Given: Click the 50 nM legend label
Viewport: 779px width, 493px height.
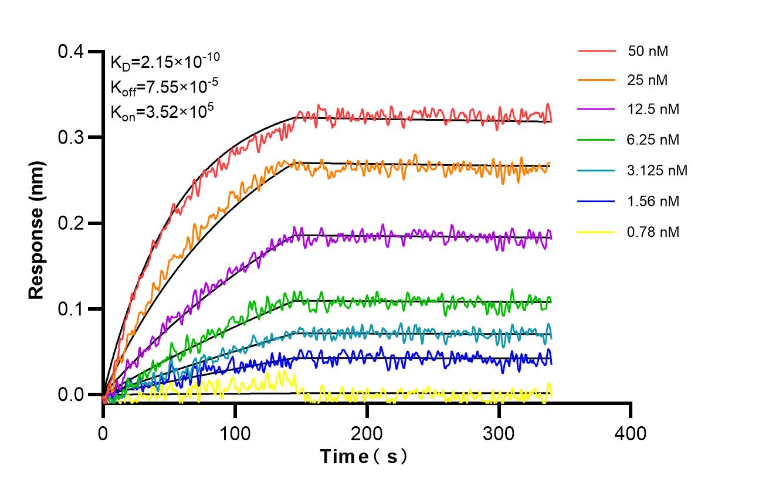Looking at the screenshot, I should click(648, 51).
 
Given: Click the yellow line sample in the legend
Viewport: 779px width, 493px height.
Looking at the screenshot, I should click(597, 232).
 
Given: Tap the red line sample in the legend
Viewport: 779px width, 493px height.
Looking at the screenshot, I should click(597, 51).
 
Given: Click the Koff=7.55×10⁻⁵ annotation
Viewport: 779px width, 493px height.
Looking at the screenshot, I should click(164, 87).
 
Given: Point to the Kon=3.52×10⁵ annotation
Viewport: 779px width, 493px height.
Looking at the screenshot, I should click(160, 111).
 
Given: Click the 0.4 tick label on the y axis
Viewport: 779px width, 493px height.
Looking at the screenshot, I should click(70, 52).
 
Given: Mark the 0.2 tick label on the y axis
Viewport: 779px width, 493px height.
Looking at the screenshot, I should click(70, 223).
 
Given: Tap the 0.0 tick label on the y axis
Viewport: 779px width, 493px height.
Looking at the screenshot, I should click(70, 395).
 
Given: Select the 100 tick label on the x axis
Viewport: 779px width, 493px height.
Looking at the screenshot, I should click(235, 434).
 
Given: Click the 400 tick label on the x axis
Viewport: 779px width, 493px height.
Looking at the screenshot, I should click(631, 434).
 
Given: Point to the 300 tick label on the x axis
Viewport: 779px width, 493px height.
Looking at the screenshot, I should click(499, 434).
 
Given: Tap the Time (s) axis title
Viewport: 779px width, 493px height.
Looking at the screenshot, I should click(363, 457).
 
